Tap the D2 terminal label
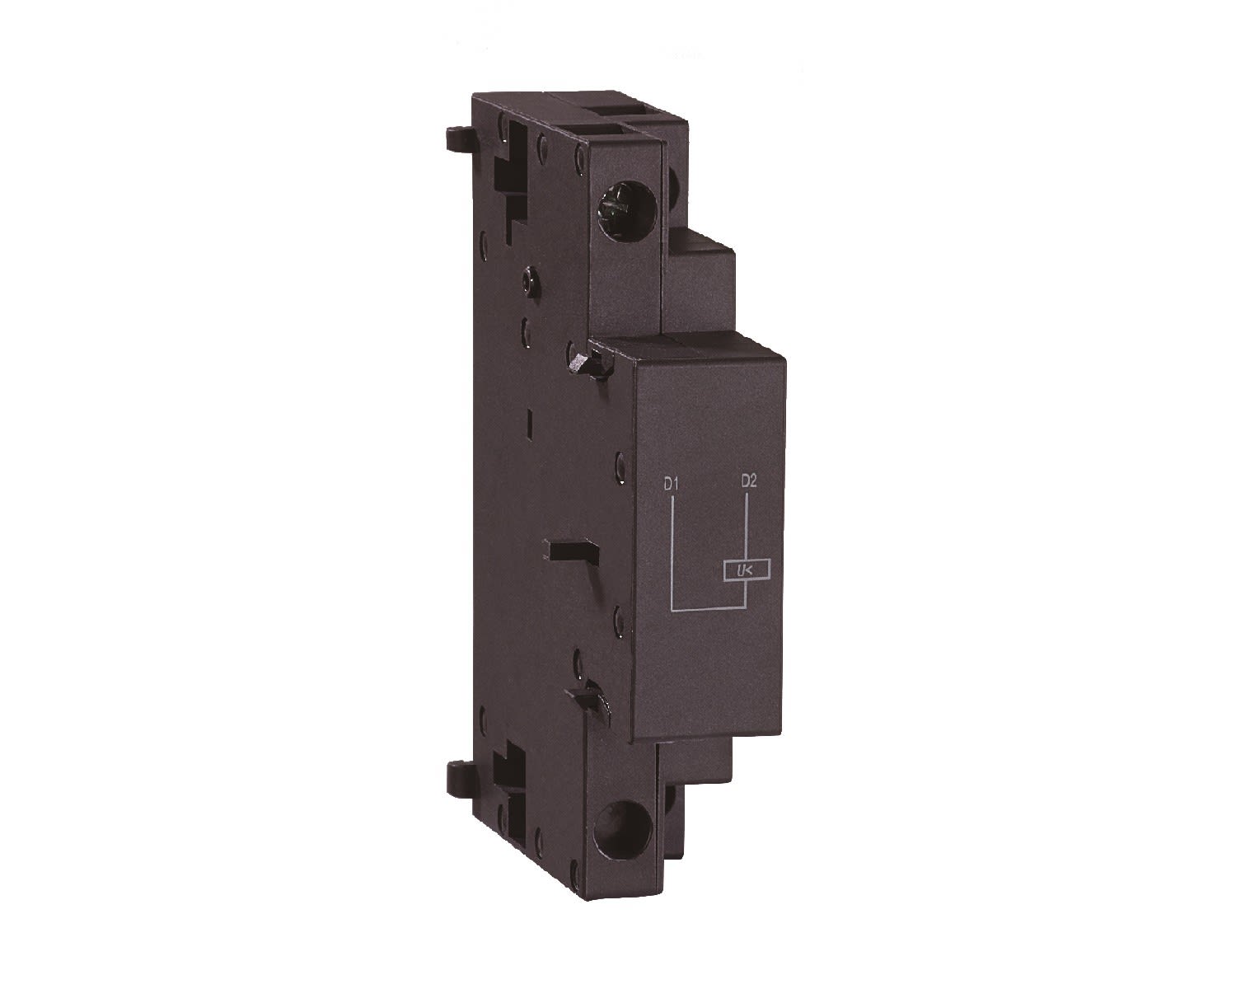pyautogui.click(x=747, y=481)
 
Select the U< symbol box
pyautogui.click(x=747, y=570)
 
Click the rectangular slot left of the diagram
pyautogui.click(x=566, y=550)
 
